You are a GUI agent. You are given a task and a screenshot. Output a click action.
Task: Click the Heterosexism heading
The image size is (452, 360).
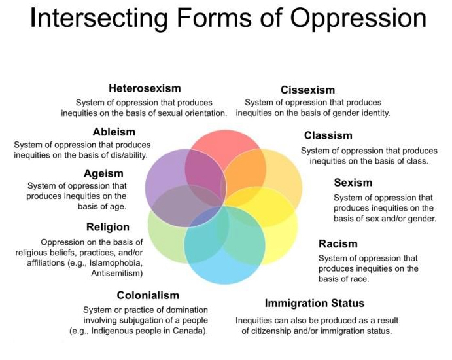pyautogui.click(x=145, y=88)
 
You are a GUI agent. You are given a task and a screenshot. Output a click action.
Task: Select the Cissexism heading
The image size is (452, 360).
pyautogui.click(x=308, y=90)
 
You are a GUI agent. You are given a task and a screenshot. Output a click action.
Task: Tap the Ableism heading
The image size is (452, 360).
pyautogui.click(x=114, y=132)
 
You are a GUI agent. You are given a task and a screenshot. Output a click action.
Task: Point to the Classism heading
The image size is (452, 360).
pyautogui.click(x=328, y=135)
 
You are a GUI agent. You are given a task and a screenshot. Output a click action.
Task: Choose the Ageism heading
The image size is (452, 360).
pyautogui.click(x=103, y=173)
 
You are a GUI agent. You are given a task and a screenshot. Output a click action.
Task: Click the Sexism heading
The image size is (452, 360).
pyautogui.click(x=353, y=183)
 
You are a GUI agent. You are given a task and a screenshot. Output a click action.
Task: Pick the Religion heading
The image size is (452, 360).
pyautogui.click(x=108, y=227)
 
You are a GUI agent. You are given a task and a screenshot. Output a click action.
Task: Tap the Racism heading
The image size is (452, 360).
pyautogui.click(x=338, y=243)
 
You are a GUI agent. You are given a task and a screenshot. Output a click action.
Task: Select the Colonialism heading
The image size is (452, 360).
pyautogui.click(x=148, y=295)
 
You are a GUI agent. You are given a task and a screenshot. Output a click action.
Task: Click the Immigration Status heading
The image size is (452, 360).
pyautogui.click(x=315, y=304)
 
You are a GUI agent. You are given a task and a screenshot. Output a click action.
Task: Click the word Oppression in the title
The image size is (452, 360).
pyautogui.click(x=358, y=18)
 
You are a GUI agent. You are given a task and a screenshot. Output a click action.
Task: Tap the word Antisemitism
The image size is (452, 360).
pyautogui.click(x=117, y=273)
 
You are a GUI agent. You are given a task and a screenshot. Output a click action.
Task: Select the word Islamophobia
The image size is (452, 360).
pyautogui.click(x=116, y=263)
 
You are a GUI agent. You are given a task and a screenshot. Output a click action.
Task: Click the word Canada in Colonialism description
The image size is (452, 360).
pyautogui.click(x=190, y=331)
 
